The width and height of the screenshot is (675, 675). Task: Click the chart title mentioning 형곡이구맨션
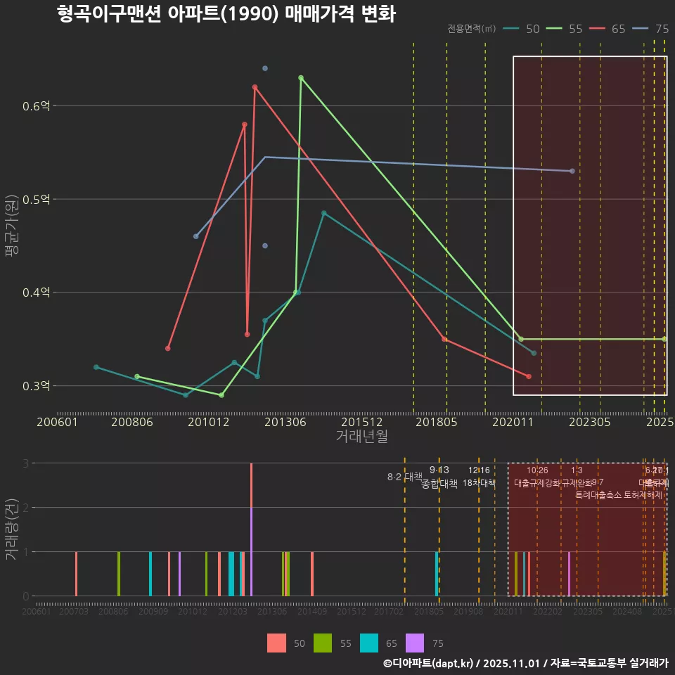226,14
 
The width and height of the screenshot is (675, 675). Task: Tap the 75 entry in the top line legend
652,29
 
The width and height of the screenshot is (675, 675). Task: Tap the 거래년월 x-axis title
361,437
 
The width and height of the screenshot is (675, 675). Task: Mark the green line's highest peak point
301,78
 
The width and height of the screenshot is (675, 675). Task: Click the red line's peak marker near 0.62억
255,87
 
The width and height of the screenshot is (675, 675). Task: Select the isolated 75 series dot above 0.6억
265,68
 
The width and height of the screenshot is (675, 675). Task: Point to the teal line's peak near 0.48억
324,213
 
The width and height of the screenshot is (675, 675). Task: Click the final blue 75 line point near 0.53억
572,171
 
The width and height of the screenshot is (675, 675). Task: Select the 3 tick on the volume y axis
25,463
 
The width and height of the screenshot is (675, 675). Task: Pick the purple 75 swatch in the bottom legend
416,643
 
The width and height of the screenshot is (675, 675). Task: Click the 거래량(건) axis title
11,529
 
